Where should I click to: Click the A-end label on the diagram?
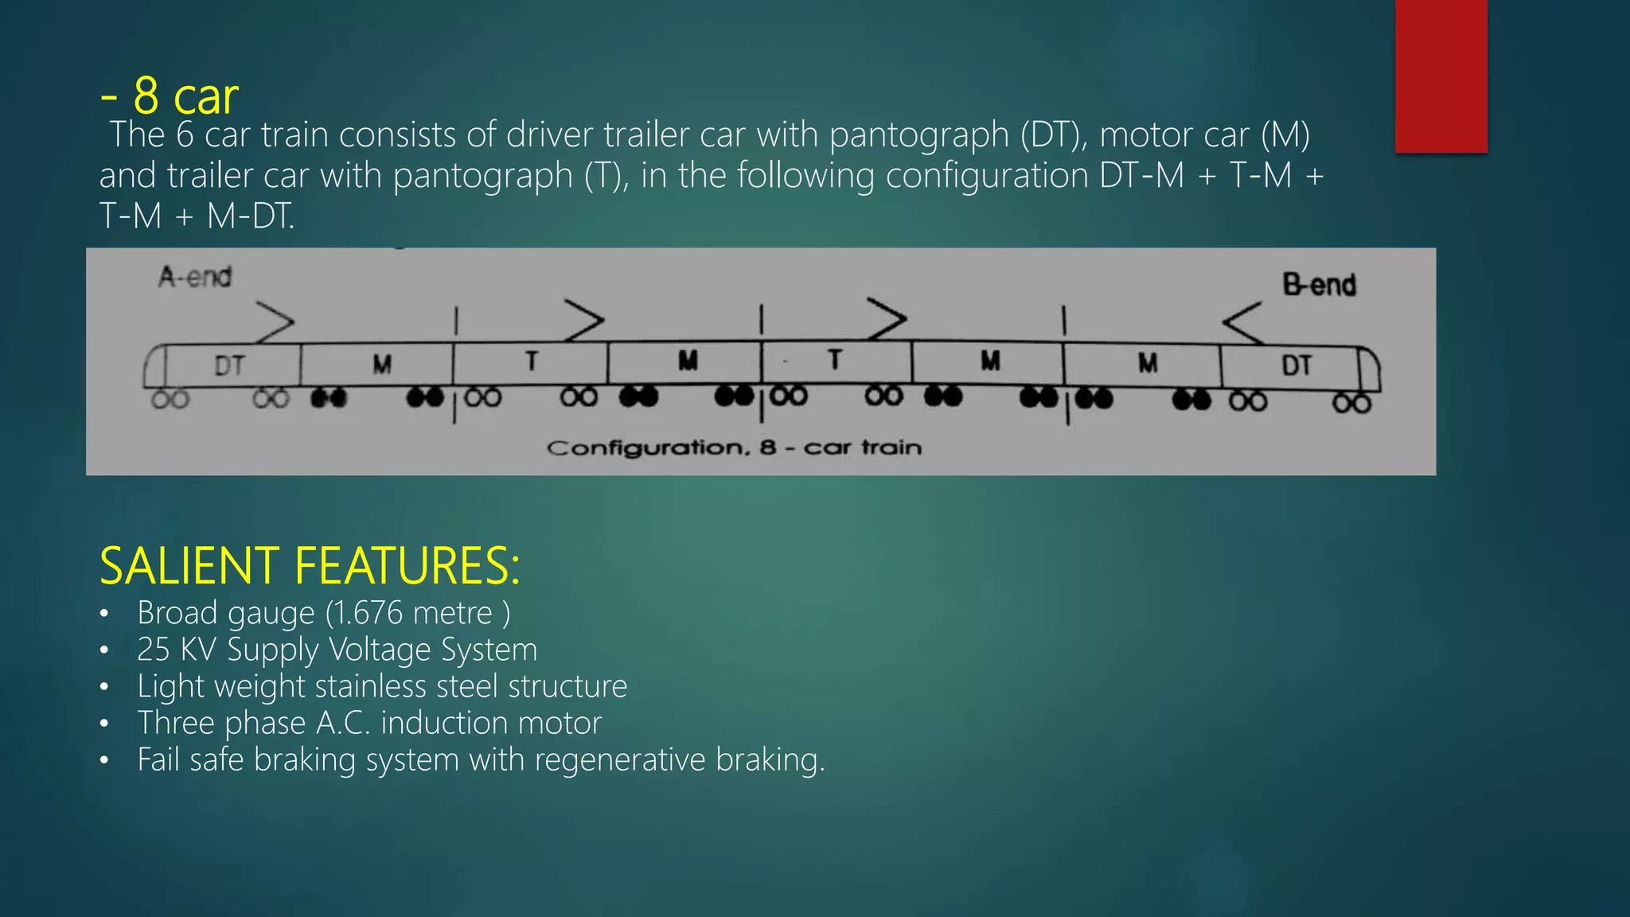(x=195, y=277)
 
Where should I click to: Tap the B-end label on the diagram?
(x=1319, y=284)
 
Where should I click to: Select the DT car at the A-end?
(x=229, y=366)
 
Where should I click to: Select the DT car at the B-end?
(x=1297, y=365)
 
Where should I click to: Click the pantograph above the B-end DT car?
(x=1242, y=322)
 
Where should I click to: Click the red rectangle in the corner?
(x=1441, y=76)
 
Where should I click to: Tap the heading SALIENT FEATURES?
(x=310, y=566)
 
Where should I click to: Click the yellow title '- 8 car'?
(x=170, y=96)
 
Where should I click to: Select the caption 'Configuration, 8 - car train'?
(x=734, y=447)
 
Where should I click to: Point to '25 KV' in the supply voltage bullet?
(x=177, y=650)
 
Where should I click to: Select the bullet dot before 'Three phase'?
(x=104, y=724)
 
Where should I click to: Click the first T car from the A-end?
(x=531, y=362)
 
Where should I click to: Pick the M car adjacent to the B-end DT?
(x=1147, y=364)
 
